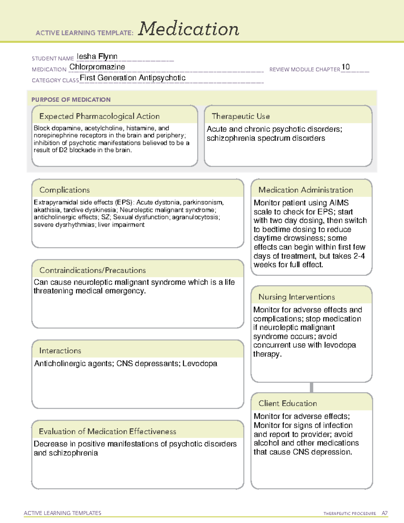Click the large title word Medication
189,29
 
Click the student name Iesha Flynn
97,56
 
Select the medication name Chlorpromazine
97,67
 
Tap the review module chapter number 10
345,67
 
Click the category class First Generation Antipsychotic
133,78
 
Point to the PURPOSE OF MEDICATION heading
71,100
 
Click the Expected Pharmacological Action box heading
99,116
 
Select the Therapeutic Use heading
240,116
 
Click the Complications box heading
64,190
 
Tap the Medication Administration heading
305,190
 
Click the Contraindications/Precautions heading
93,270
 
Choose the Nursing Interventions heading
296,297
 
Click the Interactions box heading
60,351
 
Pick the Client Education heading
288,403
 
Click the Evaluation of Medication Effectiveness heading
107,431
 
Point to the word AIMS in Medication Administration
339,203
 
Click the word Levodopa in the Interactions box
200,363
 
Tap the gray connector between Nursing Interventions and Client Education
311,387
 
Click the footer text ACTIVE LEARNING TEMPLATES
62,513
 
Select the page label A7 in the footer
384,513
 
